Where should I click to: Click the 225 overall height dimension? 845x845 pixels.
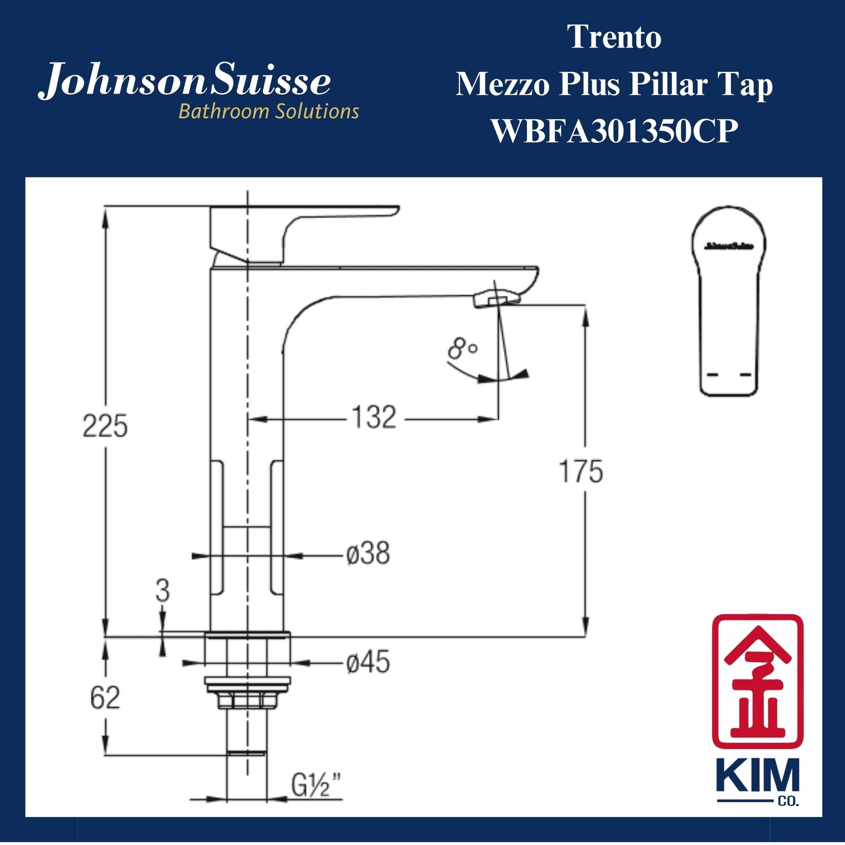pyautogui.click(x=105, y=426)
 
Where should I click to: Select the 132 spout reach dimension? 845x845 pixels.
pyautogui.click(x=374, y=418)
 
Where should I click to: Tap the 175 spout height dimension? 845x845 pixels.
pyautogui.click(x=581, y=471)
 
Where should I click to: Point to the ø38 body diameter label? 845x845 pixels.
pyautogui.click(x=368, y=553)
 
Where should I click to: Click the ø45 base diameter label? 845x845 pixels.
pyautogui.click(x=368, y=663)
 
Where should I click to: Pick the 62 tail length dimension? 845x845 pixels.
pyautogui.click(x=105, y=698)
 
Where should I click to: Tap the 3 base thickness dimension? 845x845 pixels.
pyautogui.click(x=162, y=591)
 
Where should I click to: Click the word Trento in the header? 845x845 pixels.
pyautogui.click(x=614, y=37)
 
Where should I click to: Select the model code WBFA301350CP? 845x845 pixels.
pyautogui.click(x=614, y=131)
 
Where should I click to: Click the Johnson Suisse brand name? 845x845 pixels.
pyautogui.click(x=185, y=82)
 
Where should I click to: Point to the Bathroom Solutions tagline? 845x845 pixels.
pyautogui.click(x=268, y=111)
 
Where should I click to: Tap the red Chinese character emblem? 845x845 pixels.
pyautogui.click(x=757, y=681)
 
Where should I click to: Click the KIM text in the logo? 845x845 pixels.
pyautogui.click(x=757, y=777)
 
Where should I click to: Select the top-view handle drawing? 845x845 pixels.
pyautogui.click(x=729, y=301)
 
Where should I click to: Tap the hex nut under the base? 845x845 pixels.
pyautogui.click(x=246, y=699)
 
